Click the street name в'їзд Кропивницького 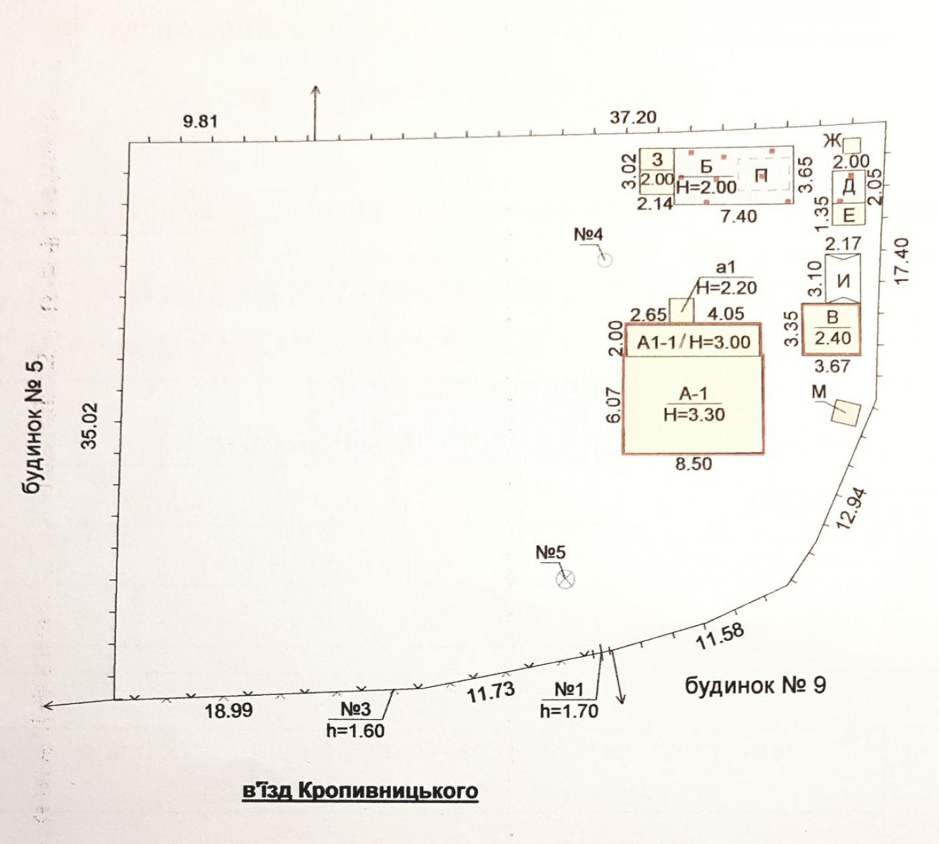[x=360, y=790]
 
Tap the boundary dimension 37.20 [x=632, y=117]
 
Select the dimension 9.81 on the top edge [x=200, y=121]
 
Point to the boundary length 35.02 [x=89, y=425]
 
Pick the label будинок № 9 [x=755, y=686]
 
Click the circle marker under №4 [x=604, y=260]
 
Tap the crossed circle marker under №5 [x=565, y=579]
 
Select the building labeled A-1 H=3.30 [x=693, y=404]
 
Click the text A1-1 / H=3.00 [x=694, y=342]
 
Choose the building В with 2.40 [x=832, y=329]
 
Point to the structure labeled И [x=843, y=278]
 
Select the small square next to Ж [x=851, y=145]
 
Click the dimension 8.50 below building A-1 [x=693, y=464]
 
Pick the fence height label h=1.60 [x=355, y=731]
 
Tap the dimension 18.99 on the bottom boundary [x=229, y=710]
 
